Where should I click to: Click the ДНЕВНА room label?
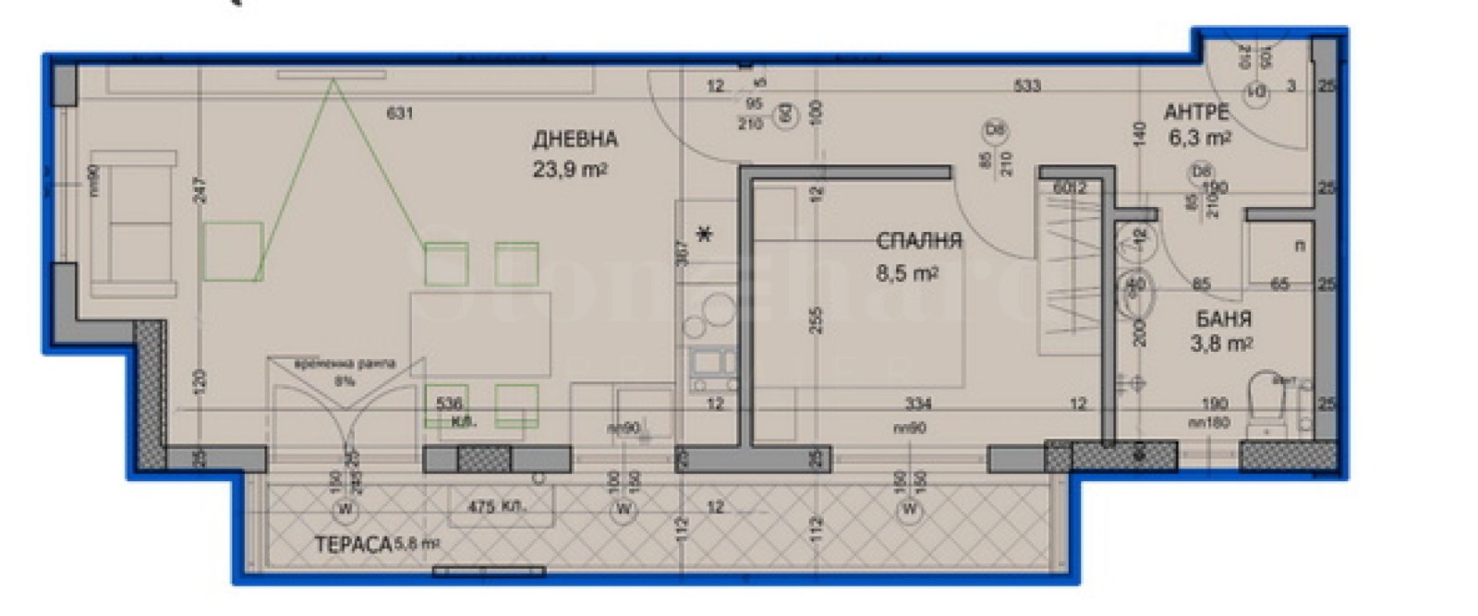[575, 139]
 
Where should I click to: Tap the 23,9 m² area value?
[569, 169]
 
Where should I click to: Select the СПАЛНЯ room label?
[918, 241]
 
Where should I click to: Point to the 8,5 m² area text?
[906, 273]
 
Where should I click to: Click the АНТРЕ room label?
[1196, 113]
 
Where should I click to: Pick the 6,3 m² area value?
[1200, 139]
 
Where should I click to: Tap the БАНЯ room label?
[1223, 320]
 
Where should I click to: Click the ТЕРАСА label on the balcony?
[354, 545]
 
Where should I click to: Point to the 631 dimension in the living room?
[399, 114]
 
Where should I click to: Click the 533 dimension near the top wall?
[1027, 86]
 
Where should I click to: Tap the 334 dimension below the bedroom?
[918, 404]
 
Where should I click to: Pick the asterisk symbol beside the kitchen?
[705, 235]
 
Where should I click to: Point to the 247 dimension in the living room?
[200, 190]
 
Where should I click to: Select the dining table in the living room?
[480, 333]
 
